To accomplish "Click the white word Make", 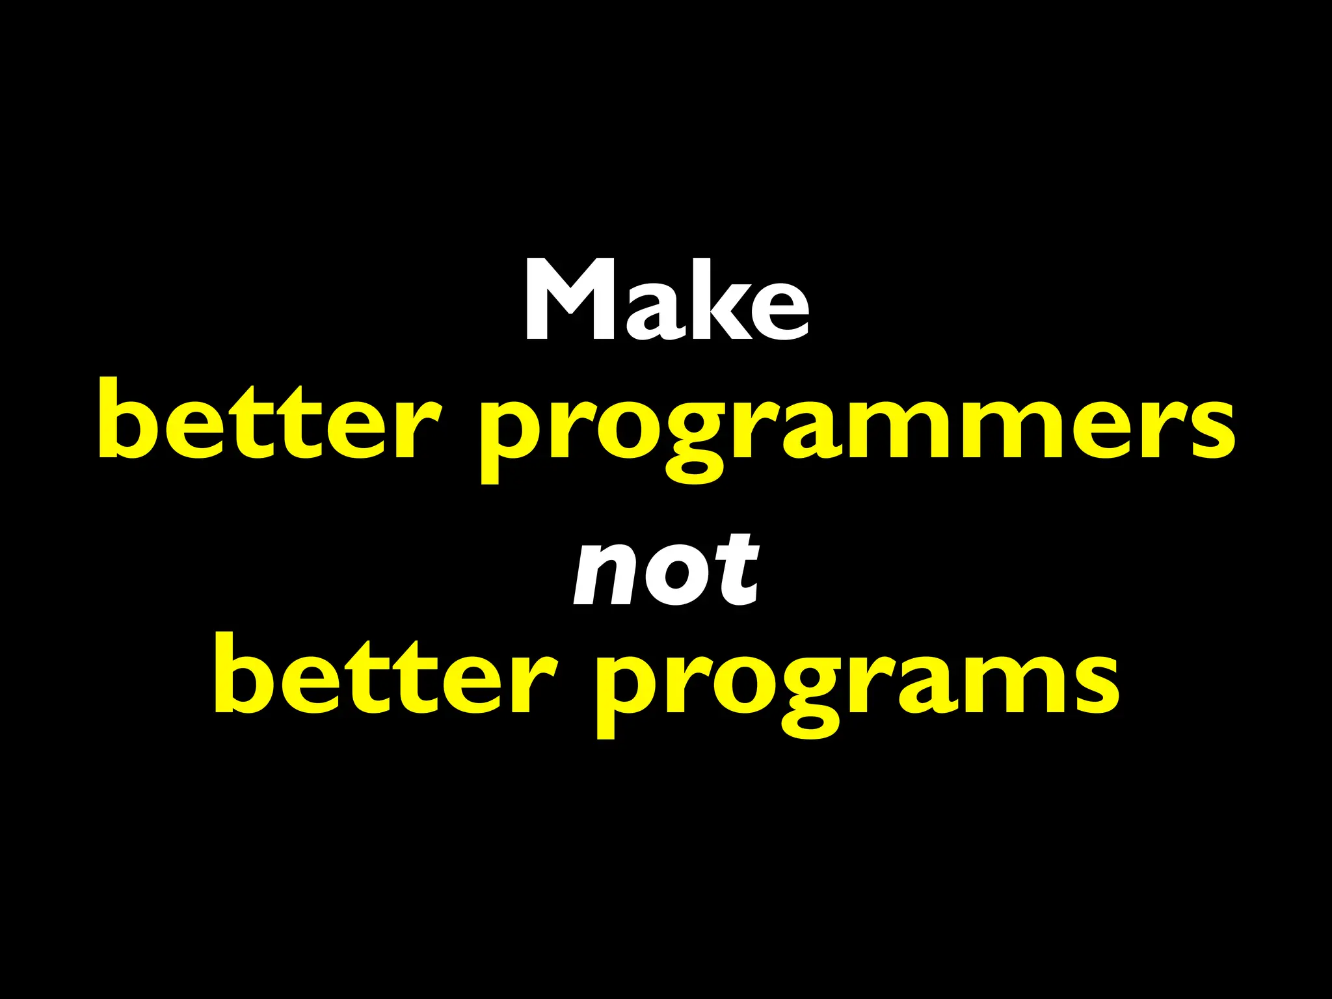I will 667,301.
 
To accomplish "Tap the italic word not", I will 666,569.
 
